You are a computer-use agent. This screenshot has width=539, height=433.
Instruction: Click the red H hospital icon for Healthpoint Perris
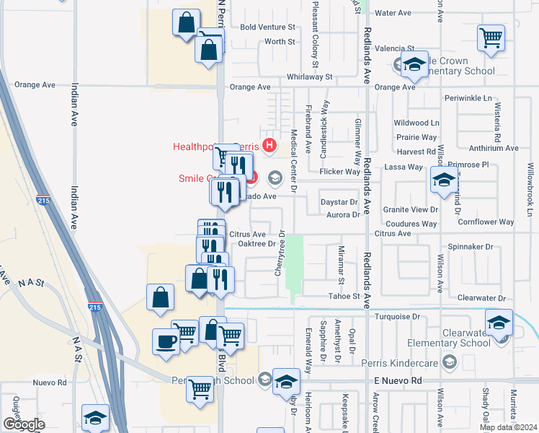[x=269, y=146]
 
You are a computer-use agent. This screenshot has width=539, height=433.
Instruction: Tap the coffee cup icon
[x=166, y=341]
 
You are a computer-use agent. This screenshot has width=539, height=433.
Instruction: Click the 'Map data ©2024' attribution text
[x=509, y=427]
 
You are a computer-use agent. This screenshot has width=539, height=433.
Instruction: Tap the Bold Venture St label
[x=268, y=27]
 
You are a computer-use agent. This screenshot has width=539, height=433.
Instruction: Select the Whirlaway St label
[x=309, y=76]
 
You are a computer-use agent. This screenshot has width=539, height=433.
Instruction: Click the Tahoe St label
[x=345, y=297]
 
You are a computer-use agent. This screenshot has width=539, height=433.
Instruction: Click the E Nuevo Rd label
[x=397, y=380]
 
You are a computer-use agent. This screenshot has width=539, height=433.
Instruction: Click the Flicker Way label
[x=342, y=172]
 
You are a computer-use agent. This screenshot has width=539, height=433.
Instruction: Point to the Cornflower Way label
[x=486, y=222]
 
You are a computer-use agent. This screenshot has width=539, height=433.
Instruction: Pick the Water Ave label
[x=393, y=13]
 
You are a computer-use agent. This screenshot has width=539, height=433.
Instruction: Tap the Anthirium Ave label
[x=493, y=149]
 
